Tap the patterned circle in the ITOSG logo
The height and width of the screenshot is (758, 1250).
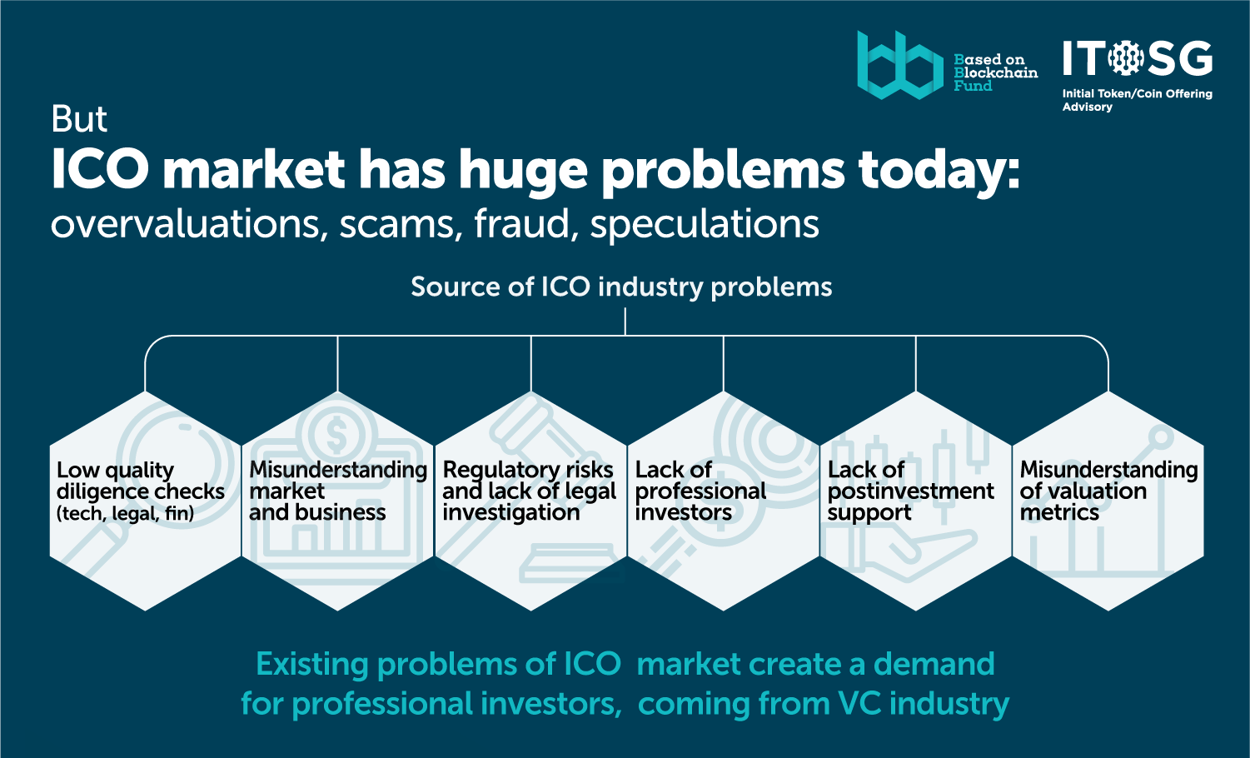pyautogui.click(x=1126, y=57)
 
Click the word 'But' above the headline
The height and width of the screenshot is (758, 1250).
pyautogui.click(x=78, y=119)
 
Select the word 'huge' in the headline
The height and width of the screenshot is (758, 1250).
pyautogui.click(x=523, y=171)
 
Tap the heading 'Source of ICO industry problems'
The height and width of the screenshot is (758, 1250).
pyautogui.click(x=621, y=287)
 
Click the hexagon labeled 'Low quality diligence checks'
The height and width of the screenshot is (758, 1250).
pyautogui.click(x=145, y=501)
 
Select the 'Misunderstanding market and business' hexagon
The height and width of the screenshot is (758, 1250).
pyautogui.click(x=337, y=501)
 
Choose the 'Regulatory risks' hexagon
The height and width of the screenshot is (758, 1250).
pyautogui.click(x=530, y=501)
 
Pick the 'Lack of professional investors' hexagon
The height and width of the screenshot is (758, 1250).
pyautogui.click(x=723, y=501)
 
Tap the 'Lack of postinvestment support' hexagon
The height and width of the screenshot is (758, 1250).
pyautogui.click(x=916, y=501)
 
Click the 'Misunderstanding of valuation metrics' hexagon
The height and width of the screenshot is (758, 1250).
pyautogui.click(x=1108, y=501)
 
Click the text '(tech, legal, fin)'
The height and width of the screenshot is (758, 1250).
pyautogui.click(x=126, y=513)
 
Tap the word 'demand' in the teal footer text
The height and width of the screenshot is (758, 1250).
pyautogui.click(x=934, y=664)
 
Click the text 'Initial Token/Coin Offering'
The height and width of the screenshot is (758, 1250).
pyautogui.click(x=1138, y=94)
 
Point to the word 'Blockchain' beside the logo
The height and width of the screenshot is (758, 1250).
pyautogui.click(x=996, y=72)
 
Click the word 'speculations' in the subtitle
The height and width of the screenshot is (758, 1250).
pyautogui.click(x=705, y=225)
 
